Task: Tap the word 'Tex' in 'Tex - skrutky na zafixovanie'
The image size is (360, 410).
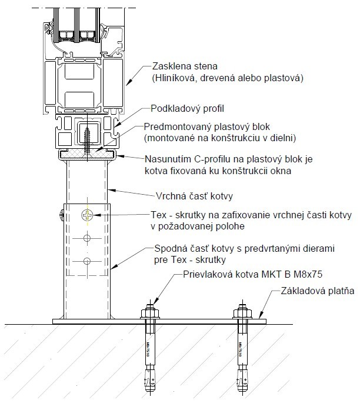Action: tap(158, 216)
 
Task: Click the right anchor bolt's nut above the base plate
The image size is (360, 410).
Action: tap(241, 312)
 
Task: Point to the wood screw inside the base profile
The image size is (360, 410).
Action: tap(88, 135)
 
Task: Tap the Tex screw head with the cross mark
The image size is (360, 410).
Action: tap(87, 215)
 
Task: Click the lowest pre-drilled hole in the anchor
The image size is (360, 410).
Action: tap(87, 261)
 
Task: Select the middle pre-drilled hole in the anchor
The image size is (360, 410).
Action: tap(87, 238)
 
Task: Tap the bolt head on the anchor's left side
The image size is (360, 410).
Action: tap(61, 215)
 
